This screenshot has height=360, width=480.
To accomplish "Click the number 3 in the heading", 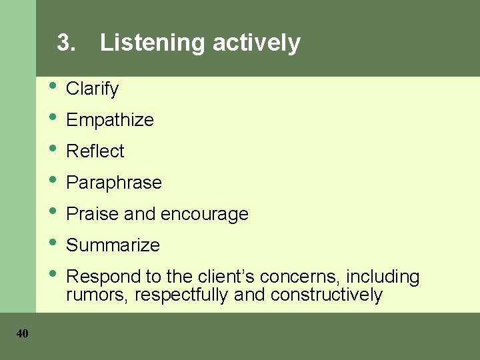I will [64, 43].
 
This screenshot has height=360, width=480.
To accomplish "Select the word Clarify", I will [92, 89].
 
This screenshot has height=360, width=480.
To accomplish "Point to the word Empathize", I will [110, 120].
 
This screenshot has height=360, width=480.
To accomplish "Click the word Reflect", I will [95, 151].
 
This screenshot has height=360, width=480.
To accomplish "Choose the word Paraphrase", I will [114, 183].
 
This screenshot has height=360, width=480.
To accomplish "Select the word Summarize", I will [113, 245].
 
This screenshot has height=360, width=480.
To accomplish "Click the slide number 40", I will [22, 333].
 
